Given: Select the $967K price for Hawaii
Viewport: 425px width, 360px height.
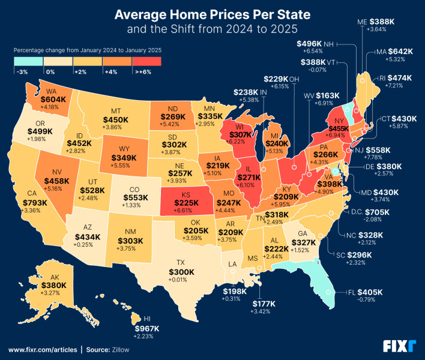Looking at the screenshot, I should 146,328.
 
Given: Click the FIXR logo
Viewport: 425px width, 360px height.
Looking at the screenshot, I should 400,346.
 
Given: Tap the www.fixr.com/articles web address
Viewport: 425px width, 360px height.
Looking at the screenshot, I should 41,349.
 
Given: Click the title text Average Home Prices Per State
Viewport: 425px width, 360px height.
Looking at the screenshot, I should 212,13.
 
